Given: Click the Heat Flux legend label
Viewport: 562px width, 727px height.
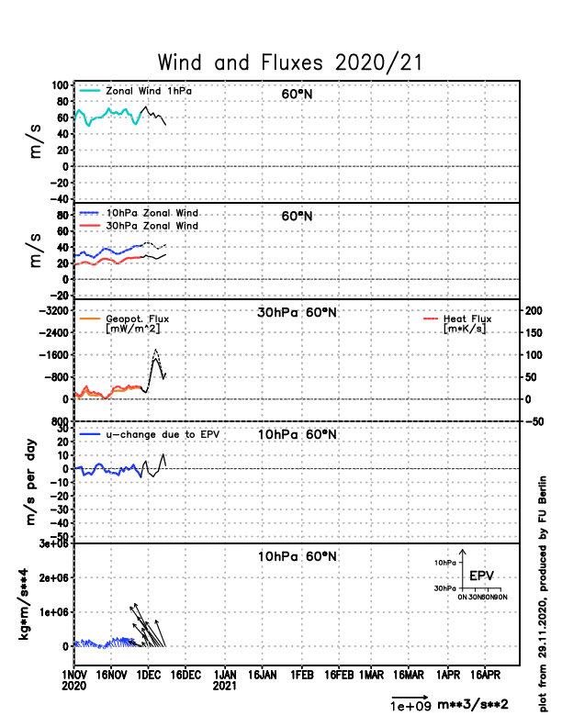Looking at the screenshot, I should point(467,319).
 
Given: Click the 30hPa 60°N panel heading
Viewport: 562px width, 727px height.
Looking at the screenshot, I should point(297,312).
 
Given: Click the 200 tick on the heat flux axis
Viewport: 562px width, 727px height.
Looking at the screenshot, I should point(533,310).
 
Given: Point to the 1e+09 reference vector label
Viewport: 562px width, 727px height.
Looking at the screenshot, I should point(405,706).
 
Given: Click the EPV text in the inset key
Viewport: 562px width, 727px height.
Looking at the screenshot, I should point(481,576).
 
